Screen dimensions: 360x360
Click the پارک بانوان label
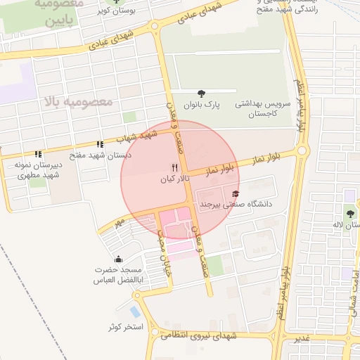point(202,105)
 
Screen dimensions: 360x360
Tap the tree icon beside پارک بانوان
point(202,93)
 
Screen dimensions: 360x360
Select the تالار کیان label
point(174,180)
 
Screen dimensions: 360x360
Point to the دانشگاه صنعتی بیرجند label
point(236,205)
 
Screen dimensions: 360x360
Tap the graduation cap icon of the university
point(236,193)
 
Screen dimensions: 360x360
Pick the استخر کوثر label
point(126,328)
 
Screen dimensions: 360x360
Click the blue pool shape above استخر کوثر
point(134,311)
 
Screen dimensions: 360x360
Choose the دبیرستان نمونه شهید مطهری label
point(39,169)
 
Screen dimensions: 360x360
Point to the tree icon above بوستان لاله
point(349,213)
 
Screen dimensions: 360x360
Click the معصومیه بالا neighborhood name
point(77,103)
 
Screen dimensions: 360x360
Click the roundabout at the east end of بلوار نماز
point(303,150)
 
